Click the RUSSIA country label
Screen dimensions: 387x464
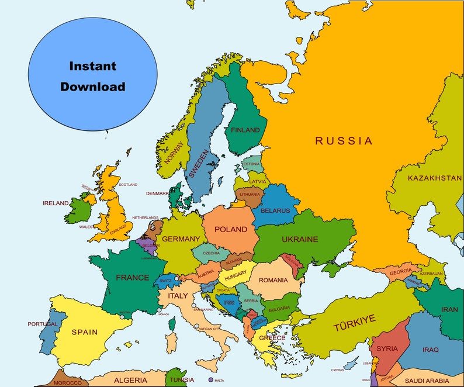[x=344, y=141]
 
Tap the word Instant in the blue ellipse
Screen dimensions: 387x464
[x=93, y=66]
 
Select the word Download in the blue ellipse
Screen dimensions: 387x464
[x=93, y=87]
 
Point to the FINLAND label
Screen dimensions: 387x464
[x=245, y=130]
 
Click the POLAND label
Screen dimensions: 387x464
[x=230, y=229]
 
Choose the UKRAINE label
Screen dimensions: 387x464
[x=300, y=239]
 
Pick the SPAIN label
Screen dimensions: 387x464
[x=85, y=331]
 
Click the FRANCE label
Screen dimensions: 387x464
[x=132, y=277]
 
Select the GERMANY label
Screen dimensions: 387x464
[x=181, y=239]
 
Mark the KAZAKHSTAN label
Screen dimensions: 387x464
[x=434, y=178]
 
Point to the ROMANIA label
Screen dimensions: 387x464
[x=273, y=280]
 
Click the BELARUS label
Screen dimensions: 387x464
[x=275, y=210]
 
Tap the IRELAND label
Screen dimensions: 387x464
[x=56, y=203]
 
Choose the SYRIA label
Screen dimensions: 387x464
[x=387, y=348]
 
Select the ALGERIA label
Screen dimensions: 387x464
[x=130, y=380]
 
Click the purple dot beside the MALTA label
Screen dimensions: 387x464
[x=210, y=380]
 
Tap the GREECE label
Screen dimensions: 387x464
[x=272, y=338]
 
